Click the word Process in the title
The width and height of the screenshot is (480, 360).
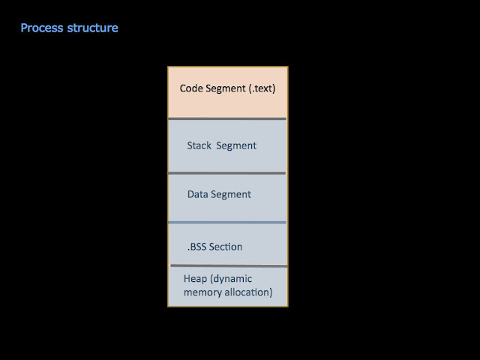point(41,28)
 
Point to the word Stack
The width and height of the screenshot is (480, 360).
point(199,145)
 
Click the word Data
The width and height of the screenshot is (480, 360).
point(198,194)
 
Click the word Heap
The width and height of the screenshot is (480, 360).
point(195,279)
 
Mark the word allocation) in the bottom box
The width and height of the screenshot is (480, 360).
point(248,292)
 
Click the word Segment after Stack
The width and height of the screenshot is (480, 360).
point(236,145)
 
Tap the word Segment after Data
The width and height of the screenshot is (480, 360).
point(231,194)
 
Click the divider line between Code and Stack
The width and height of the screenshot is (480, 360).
point(227,118)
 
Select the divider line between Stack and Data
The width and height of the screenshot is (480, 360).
point(227,173)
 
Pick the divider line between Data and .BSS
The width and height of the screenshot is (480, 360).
point(227,222)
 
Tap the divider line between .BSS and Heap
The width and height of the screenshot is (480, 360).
point(227,265)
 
